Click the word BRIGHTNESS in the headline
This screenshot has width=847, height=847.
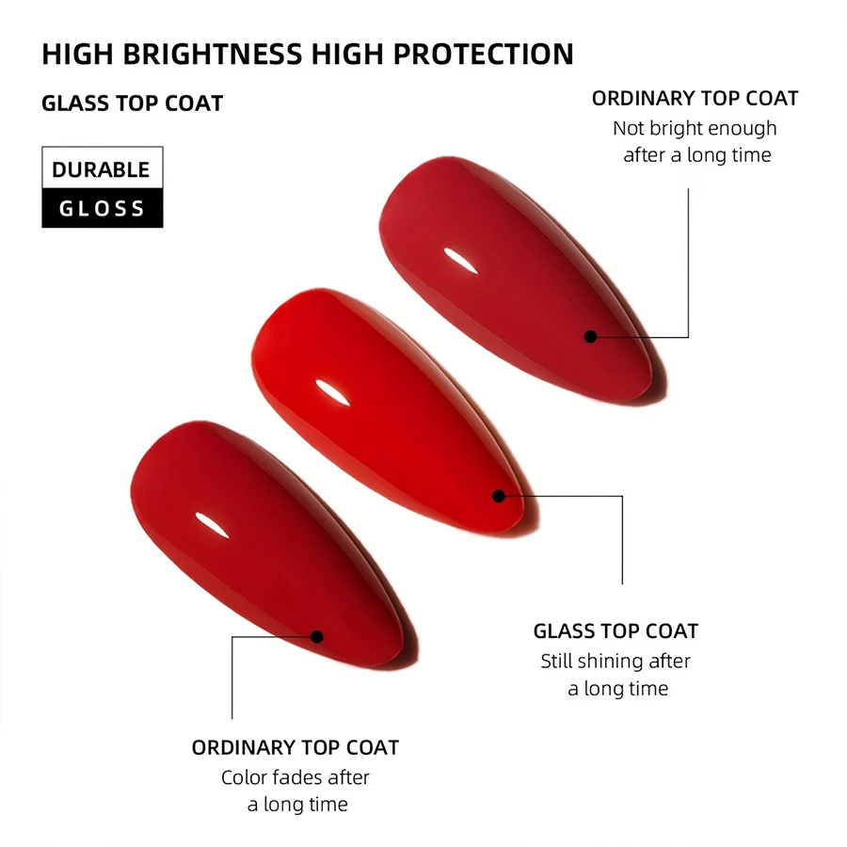(213, 54)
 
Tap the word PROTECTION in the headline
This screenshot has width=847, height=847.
(484, 54)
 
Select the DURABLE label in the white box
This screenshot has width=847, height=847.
(101, 169)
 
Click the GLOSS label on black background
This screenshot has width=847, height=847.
(102, 209)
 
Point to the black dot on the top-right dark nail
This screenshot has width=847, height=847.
(590, 337)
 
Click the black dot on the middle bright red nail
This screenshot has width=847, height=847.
(499, 496)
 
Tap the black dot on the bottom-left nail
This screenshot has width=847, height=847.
(317, 637)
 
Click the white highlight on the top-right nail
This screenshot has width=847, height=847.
(461, 261)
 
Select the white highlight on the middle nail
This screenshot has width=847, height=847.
(332, 392)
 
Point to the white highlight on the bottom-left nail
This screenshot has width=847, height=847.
(213, 525)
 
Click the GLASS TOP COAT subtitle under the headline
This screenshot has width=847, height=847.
(133, 104)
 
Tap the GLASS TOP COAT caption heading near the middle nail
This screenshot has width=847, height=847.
(615, 631)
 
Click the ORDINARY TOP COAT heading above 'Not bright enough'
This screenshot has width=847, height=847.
(695, 98)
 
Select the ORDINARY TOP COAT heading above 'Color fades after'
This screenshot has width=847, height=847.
(295, 747)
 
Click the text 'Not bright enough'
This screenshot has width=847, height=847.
(695, 129)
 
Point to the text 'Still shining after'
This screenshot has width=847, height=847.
(615, 662)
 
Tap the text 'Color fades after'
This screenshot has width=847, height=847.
(295, 777)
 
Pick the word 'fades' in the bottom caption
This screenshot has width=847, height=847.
(296, 777)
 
